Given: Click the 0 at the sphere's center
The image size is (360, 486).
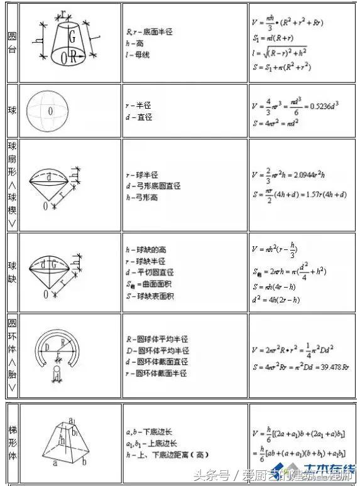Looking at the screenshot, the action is click(50, 111).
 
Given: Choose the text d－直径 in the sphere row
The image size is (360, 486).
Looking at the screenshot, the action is click(140, 117).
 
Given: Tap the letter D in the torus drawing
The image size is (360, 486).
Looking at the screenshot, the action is click(46, 346).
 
